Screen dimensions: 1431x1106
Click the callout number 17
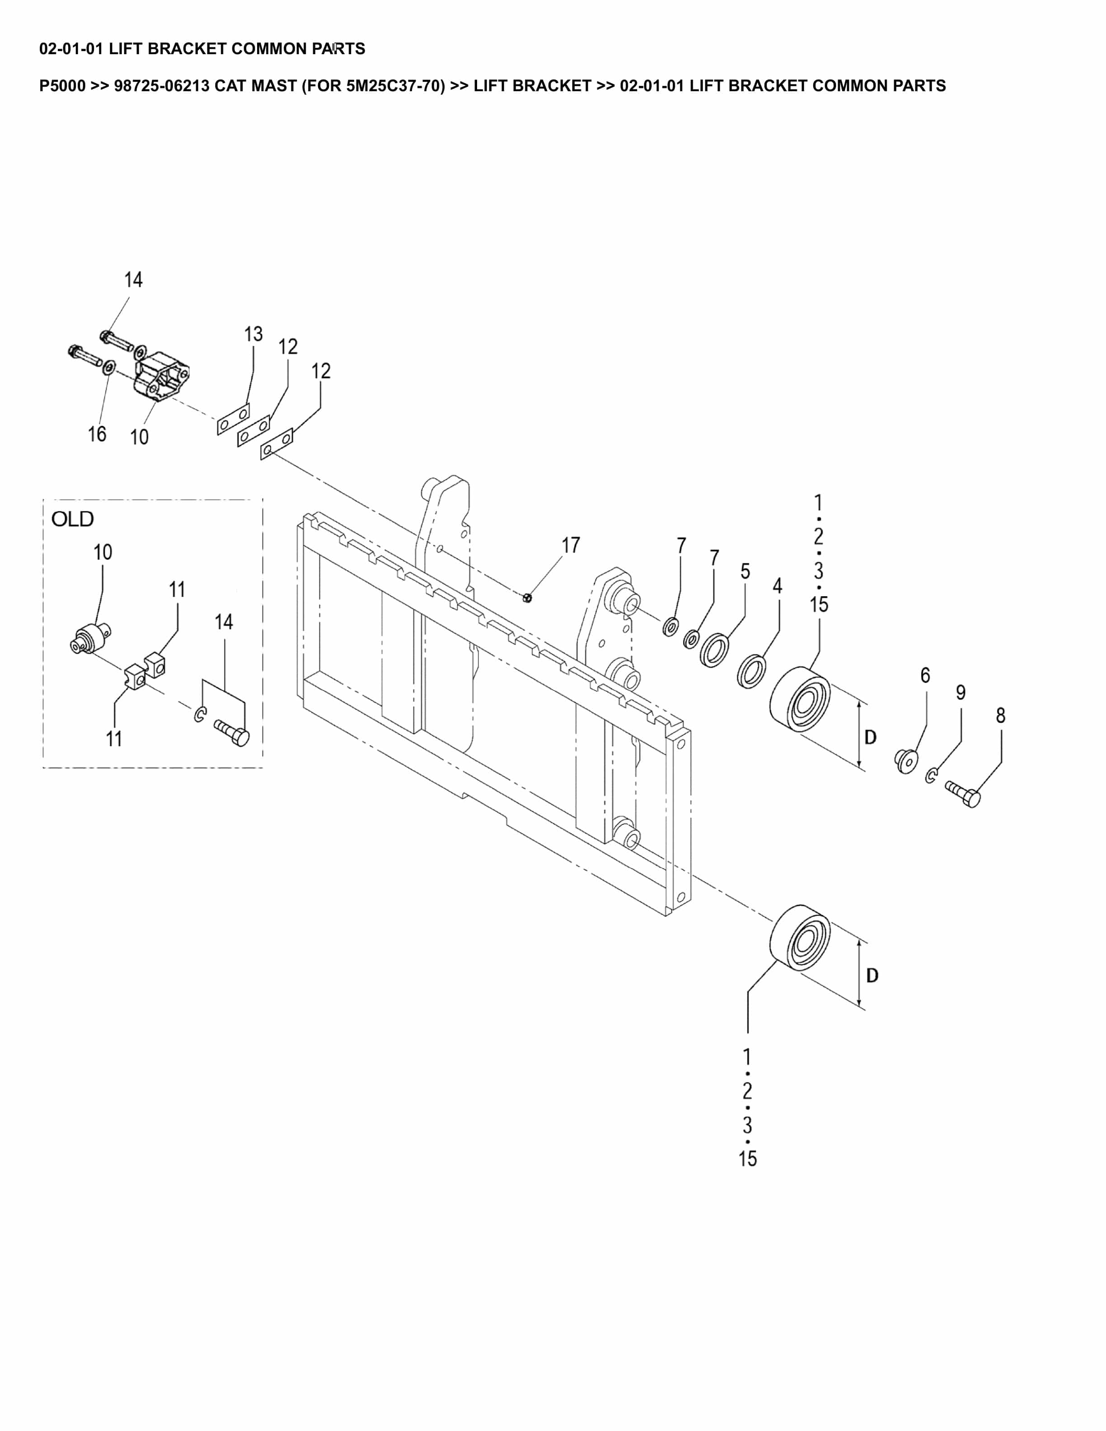570,545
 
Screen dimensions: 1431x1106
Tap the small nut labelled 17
527,597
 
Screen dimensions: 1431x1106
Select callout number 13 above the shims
253,334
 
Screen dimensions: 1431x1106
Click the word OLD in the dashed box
73,519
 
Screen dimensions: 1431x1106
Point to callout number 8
1000,715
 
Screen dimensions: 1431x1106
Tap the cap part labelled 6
906,760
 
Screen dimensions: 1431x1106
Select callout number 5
745,571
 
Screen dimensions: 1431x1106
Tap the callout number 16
97,434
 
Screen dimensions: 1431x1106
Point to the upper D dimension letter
870,737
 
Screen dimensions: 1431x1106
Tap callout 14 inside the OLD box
224,622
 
